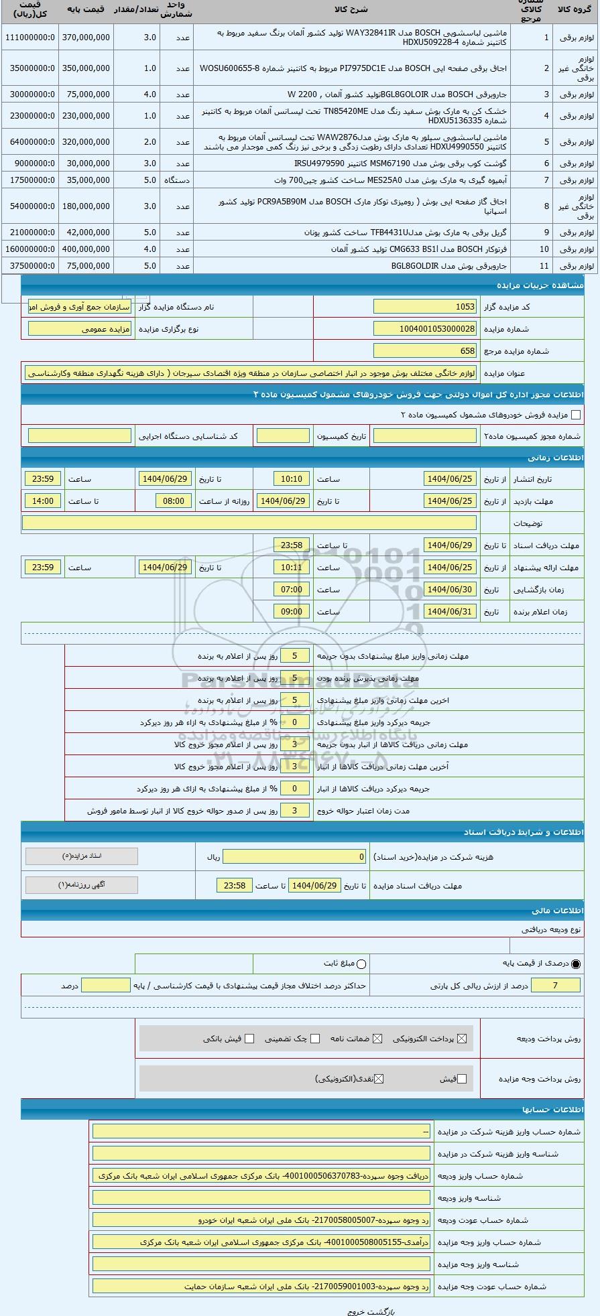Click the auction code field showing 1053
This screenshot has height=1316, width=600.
(425, 307)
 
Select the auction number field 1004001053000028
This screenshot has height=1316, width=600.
(425, 329)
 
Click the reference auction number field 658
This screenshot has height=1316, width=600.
(425, 351)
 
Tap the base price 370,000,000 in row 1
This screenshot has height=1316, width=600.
(86, 38)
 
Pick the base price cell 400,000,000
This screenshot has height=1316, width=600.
(86, 249)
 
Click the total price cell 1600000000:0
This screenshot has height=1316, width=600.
(29, 249)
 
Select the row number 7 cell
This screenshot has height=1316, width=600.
(546, 180)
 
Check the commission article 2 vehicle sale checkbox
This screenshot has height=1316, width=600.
(576, 415)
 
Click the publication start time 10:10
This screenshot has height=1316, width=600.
(292, 479)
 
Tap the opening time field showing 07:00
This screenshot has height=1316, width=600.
(292, 590)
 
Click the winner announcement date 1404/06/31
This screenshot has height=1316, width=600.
(450, 612)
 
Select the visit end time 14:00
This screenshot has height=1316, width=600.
(43, 501)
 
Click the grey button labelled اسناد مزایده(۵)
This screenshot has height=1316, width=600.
(82, 856)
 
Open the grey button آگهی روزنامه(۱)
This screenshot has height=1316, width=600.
(82, 884)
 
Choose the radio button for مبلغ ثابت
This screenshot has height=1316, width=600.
(362, 964)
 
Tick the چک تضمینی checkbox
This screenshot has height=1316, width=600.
(315, 1039)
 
